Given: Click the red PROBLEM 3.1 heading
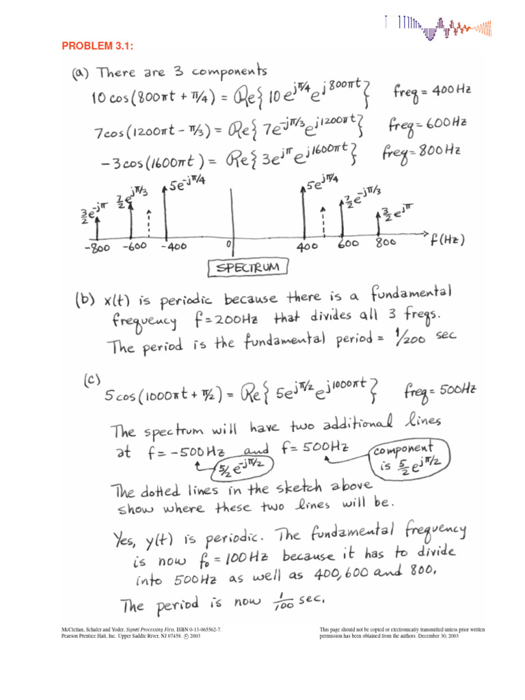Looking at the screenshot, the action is click(x=97, y=46).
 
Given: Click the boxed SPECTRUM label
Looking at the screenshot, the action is click(x=249, y=268).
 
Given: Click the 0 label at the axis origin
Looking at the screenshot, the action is click(x=230, y=243).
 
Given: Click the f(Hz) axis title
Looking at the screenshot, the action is click(x=448, y=239).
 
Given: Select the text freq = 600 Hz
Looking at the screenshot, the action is click(x=427, y=124).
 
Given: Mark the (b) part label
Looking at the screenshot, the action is click(x=83, y=299).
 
